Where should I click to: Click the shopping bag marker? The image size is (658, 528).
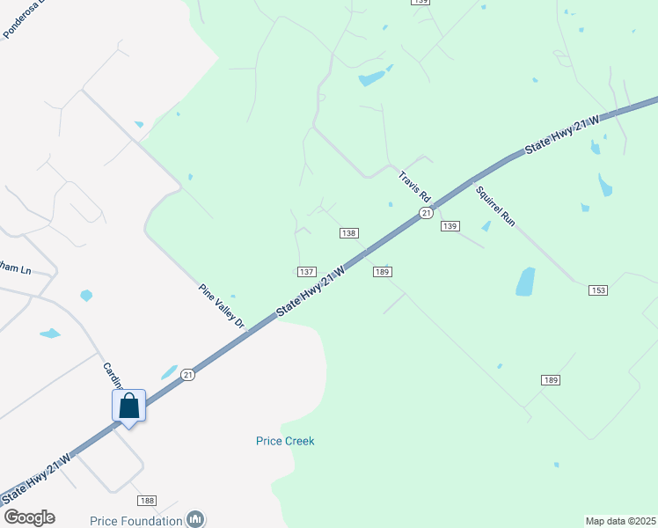point(128,407)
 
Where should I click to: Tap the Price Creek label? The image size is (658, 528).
point(285,441)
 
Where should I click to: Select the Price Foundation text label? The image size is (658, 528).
point(137,520)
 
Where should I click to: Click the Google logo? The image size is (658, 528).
point(29,517)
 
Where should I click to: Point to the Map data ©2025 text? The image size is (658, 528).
point(620,521)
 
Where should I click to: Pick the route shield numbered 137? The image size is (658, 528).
point(306,271)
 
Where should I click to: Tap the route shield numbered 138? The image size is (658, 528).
point(349,233)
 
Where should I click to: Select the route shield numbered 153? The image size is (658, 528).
point(598,290)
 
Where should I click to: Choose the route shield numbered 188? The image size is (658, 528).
point(146,501)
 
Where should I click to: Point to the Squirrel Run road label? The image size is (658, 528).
point(495,206)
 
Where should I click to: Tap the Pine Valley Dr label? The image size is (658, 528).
point(221,305)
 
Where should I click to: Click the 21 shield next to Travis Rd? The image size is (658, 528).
point(426,213)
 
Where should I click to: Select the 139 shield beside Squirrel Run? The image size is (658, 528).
point(450,226)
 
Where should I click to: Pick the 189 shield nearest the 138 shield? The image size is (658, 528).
point(382,272)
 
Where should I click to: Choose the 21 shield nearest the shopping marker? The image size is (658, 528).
point(187,374)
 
